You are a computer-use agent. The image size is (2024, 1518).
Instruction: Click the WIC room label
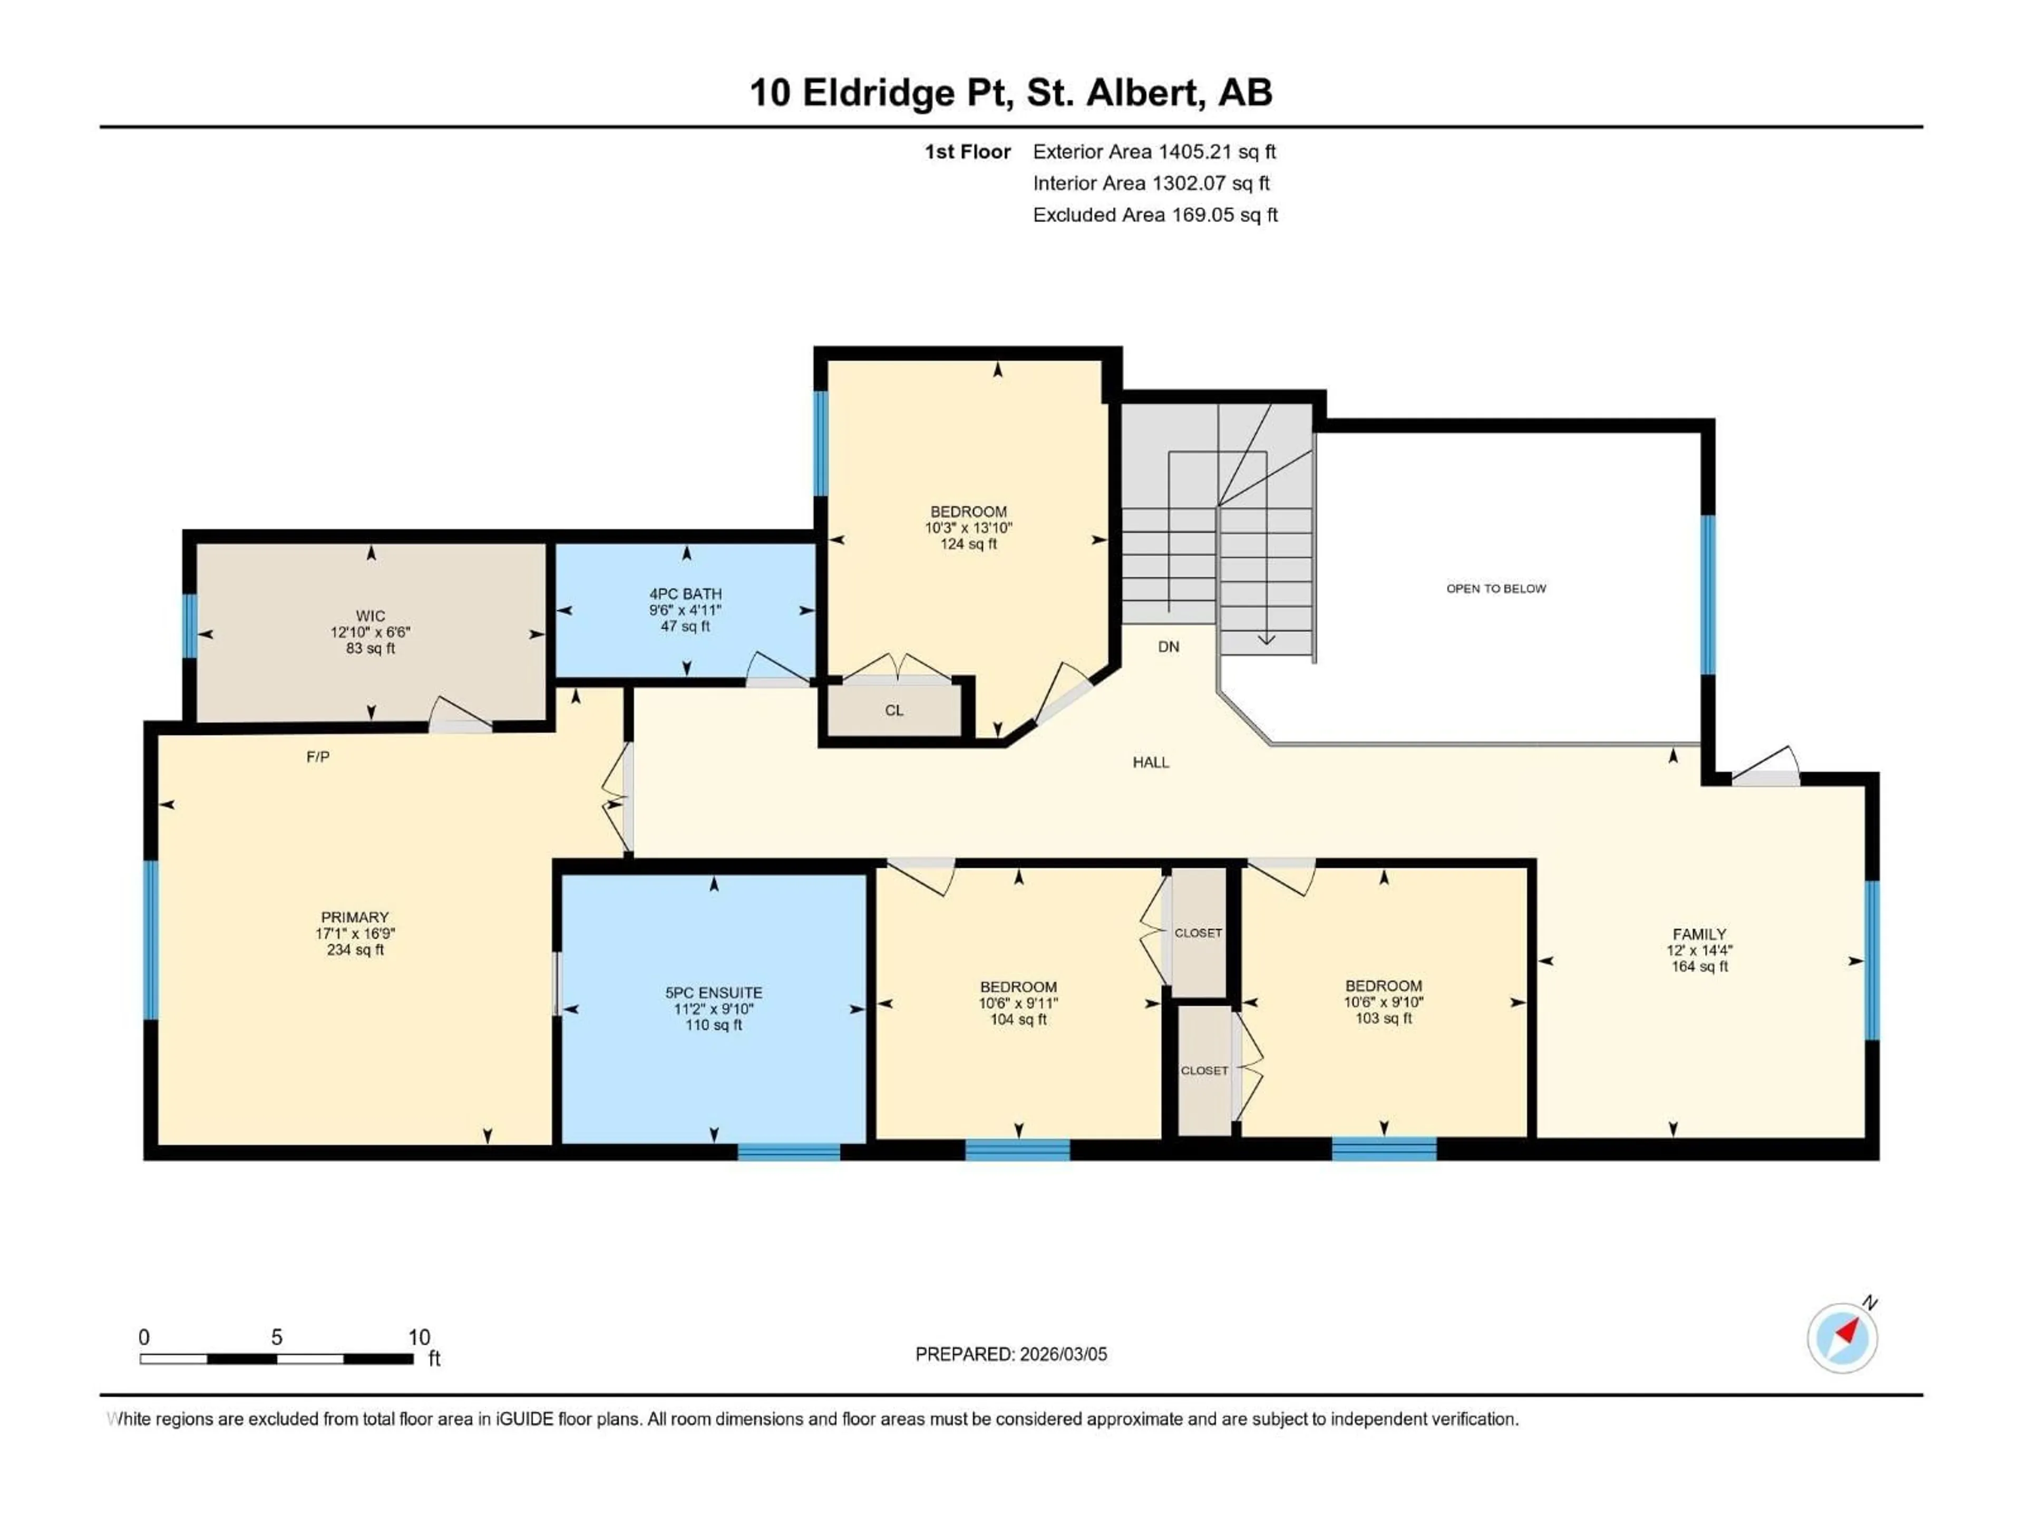tap(371, 616)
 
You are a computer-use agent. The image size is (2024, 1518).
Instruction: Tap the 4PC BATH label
tap(685, 594)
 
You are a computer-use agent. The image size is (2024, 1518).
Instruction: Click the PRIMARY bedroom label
tap(355, 917)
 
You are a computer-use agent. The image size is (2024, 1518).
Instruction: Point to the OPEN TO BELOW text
tap(1496, 588)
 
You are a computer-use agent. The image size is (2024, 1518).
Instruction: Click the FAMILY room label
tap(1699, 934)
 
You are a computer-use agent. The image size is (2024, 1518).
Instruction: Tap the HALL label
tap(1151, 762)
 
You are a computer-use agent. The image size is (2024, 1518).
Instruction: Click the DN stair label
tap(1169, 647)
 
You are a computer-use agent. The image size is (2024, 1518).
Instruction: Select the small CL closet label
tap(894, 710)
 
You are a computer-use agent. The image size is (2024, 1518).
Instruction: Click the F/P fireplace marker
tap(317, 757)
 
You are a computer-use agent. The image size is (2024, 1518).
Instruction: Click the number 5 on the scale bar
tap(276, 1337)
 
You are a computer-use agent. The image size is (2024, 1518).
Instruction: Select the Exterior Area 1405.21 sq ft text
tap(1154, 152)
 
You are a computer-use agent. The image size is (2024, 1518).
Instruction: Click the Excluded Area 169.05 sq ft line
tap(1155, 215)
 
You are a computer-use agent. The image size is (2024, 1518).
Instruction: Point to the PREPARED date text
tap(1011, 1354)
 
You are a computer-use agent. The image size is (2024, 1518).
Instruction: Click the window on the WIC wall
tap(189, 626)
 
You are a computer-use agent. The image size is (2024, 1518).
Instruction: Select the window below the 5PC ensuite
tap(789, 1151)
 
